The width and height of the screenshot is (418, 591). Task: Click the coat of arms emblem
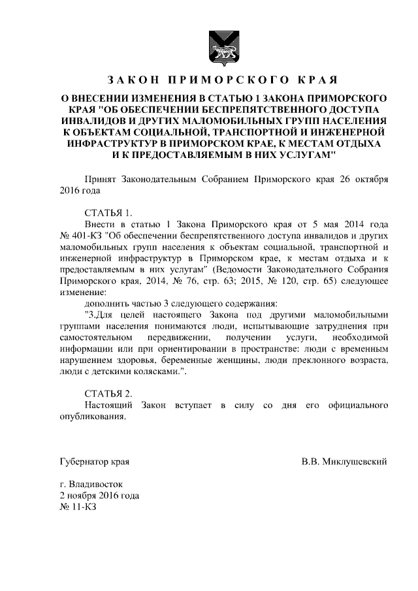tap(219, 44)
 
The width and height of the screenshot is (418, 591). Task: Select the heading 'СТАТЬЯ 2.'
tap(108, 393)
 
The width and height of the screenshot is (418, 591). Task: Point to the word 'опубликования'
tap(97, 417)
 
